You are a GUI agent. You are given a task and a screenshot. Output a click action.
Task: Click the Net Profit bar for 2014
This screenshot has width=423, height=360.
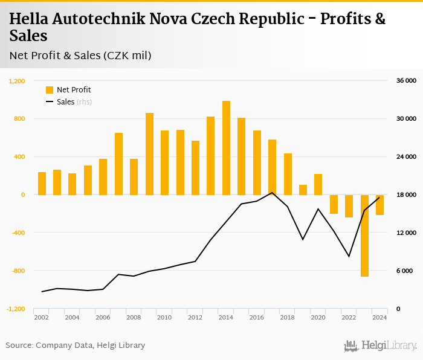point(226,148)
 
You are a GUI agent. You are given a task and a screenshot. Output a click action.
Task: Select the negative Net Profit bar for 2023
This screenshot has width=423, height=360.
point(364,236)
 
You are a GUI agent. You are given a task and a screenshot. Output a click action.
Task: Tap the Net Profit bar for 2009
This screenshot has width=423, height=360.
point(149,154)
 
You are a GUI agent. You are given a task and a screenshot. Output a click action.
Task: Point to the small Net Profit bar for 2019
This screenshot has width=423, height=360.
point(303,190)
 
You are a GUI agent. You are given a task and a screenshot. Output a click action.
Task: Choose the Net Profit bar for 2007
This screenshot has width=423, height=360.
point(118,164)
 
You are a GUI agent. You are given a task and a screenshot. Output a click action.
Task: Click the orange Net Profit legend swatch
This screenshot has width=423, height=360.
point(50,90)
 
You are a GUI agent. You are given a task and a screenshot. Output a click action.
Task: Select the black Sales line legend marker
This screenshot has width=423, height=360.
point(50,102)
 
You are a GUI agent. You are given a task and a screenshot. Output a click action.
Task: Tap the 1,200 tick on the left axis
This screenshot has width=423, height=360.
point(16,80)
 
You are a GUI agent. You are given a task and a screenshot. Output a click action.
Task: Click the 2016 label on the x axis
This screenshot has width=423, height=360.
point(256,317)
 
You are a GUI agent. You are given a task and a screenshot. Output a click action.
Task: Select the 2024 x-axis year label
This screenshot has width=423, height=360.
point(379,317)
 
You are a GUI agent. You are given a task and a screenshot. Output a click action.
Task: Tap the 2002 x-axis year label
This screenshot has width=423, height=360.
point(42,317)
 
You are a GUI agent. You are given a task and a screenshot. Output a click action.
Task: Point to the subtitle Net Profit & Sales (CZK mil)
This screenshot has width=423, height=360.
point(80,56)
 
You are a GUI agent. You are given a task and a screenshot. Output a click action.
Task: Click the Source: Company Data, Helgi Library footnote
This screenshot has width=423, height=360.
point(76,346)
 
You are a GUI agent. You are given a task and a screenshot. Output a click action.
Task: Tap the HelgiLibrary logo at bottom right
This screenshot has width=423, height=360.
point(381,346)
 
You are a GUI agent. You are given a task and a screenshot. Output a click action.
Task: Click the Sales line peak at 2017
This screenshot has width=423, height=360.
point(272,193)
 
